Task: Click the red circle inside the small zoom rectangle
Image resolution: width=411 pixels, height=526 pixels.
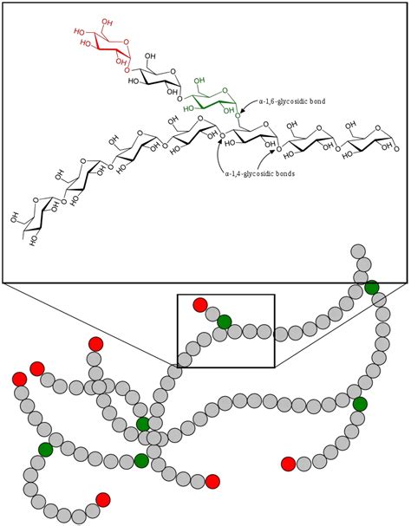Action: coord(200,304)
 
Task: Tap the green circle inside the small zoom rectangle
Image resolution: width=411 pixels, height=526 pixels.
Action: coord(225,321)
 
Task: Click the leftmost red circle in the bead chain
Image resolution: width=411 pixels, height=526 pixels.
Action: coord(19,379)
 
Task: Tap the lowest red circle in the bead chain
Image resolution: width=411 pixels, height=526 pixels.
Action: coord(103,498)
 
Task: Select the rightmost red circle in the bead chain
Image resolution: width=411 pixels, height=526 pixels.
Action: coord(289,464)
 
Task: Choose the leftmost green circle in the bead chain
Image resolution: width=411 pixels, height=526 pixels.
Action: coord(46,448)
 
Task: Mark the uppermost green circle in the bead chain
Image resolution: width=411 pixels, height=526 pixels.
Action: coord(371,288)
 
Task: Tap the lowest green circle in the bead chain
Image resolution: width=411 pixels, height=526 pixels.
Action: coord(141,460)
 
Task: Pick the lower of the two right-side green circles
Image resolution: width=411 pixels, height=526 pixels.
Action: coord(360,404)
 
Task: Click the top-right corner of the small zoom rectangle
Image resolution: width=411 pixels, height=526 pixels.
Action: coord(274,295)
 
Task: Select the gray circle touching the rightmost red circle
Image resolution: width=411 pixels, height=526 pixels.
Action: coord(304,464)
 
